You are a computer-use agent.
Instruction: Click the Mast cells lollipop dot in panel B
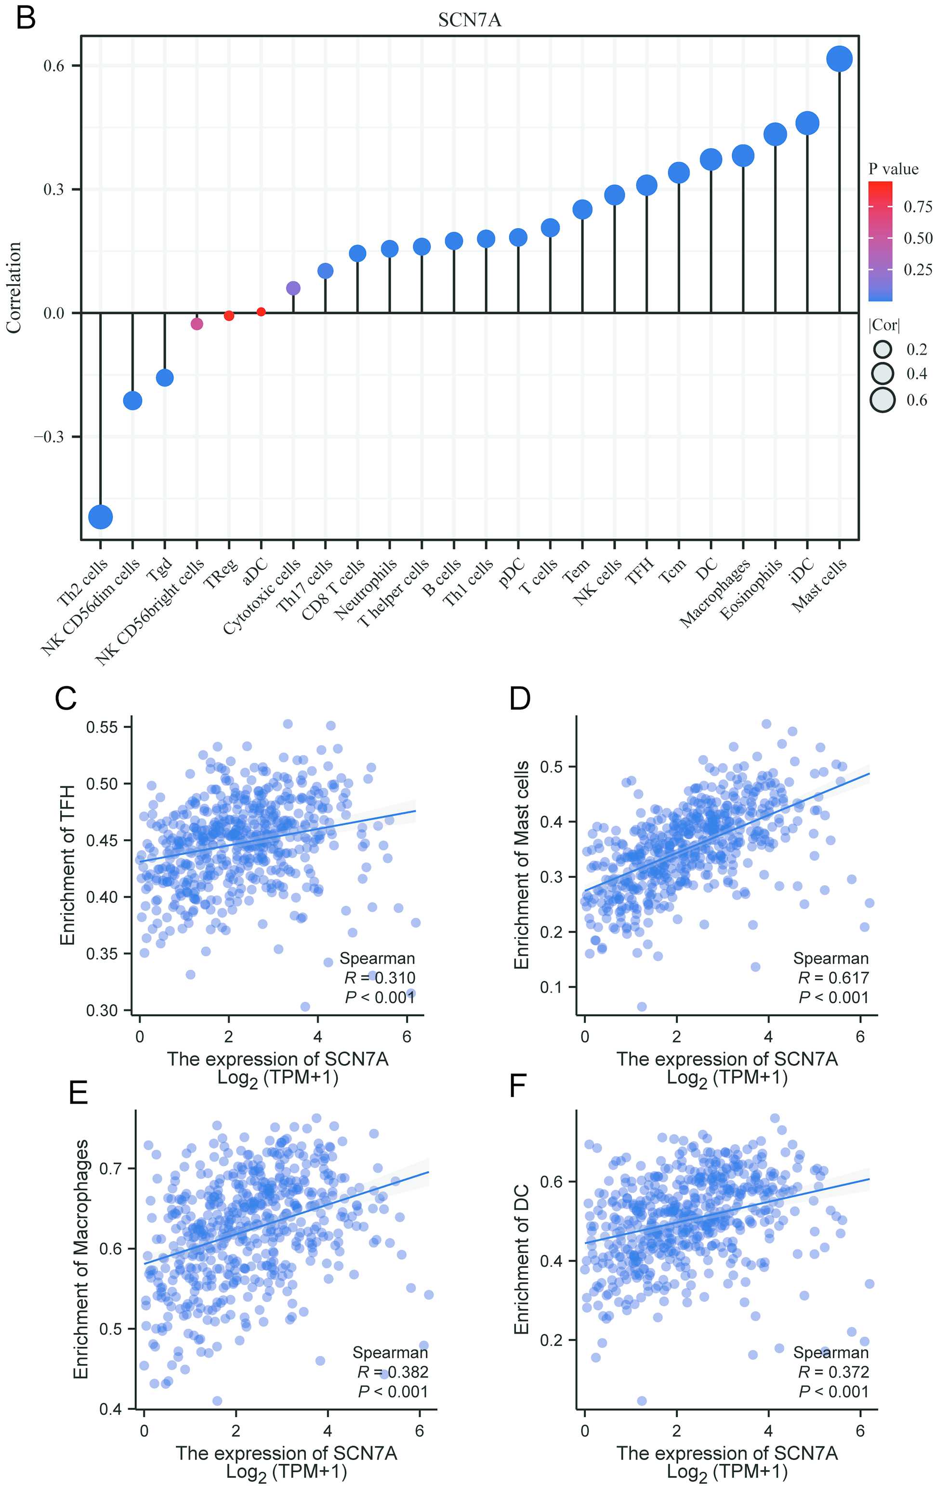839,59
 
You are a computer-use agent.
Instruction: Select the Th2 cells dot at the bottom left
101,517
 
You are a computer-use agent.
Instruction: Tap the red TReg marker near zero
229,316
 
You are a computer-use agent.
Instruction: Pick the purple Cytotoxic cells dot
293,288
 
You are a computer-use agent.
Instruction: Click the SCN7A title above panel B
470,20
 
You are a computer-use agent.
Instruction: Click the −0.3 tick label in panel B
49,437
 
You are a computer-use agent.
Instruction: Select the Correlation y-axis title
13,287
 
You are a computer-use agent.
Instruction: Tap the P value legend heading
893,169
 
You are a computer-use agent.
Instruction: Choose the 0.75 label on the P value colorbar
918,207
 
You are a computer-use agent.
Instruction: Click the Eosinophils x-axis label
751,589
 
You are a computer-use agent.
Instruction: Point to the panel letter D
520,699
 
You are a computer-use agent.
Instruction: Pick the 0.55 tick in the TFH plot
102,727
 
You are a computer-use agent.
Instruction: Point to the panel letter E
79,1093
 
